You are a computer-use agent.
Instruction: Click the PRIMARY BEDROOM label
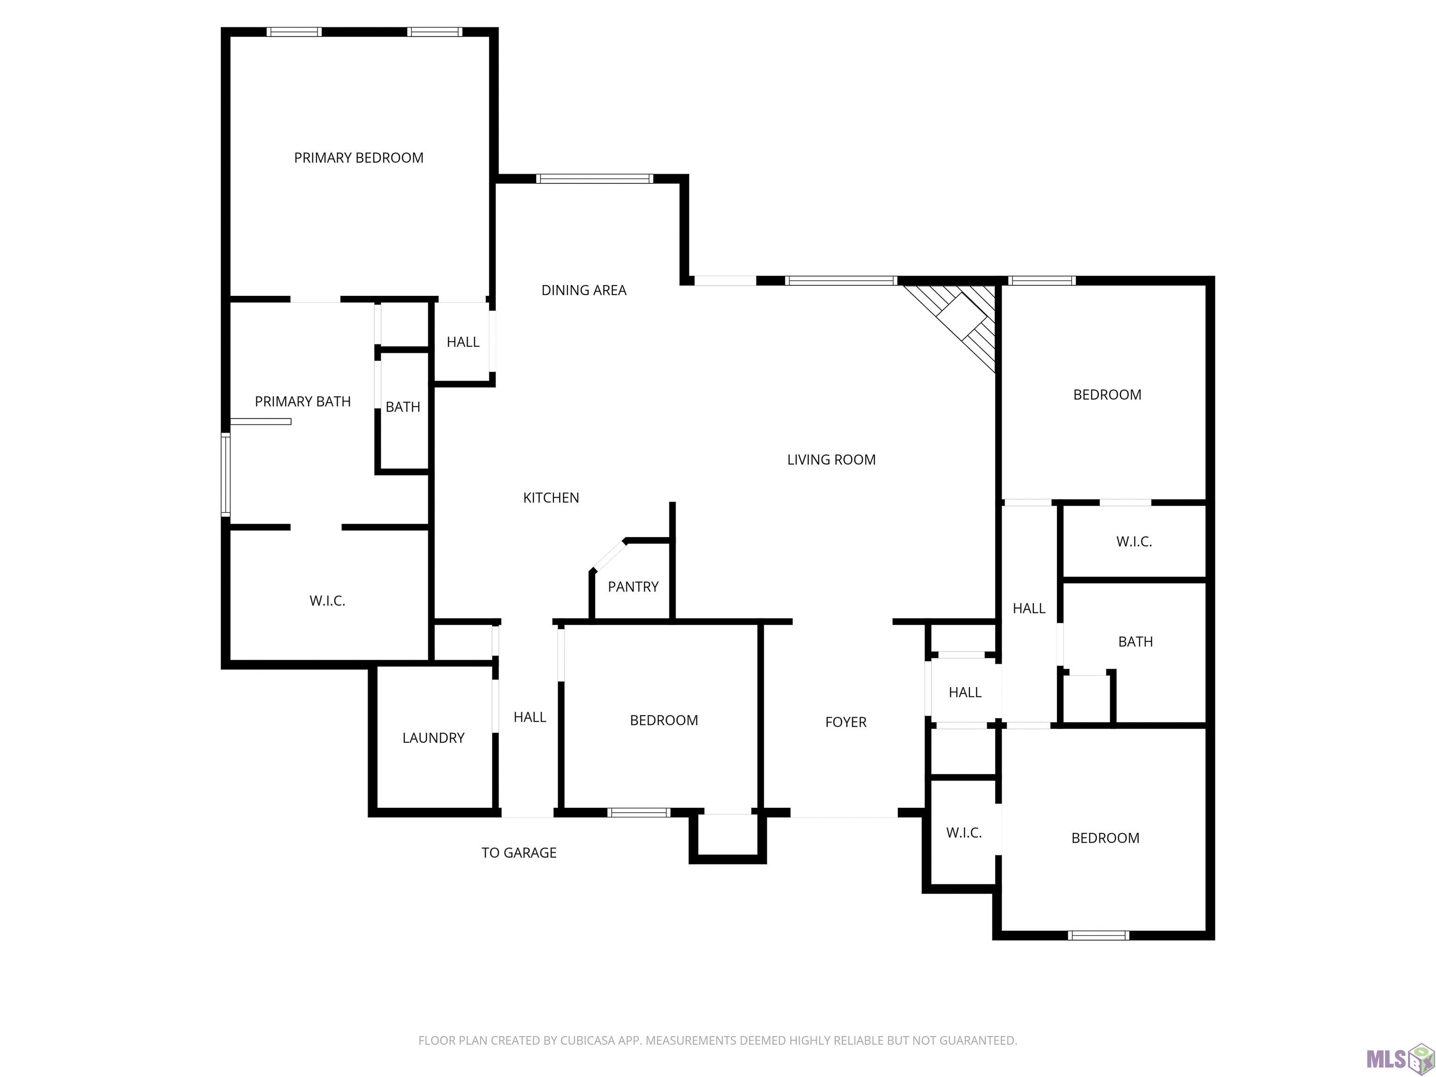[x=359, y=158]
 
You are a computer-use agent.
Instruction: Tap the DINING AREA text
[x=584, y=290]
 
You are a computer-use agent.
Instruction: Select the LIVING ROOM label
[x=831, y=460]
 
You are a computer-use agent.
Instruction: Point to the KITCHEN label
[x=551, y=498]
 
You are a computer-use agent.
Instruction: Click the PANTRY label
[x=633, y=587]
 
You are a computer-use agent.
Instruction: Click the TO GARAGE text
[x=519, y=853]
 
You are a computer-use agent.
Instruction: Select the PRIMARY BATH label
[x=302, y=402]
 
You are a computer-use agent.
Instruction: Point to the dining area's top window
[x=595, y=179]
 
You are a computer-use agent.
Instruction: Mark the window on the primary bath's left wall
[x=226, y=475]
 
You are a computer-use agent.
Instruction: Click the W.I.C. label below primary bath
[x=327, y=601]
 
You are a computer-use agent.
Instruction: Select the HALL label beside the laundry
[x=530, y=718]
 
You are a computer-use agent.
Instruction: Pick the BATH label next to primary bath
[x=402, y=407]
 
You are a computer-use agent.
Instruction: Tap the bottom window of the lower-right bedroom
[x=1099, y=935]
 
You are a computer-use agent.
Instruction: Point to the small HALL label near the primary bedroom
[x=463, y=342]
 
